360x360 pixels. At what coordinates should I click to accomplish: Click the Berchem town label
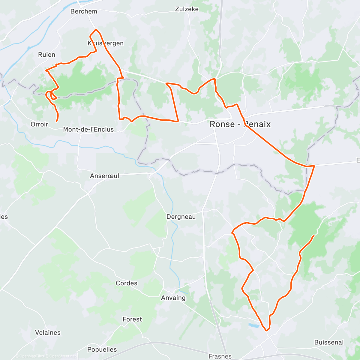(x=84, y=11)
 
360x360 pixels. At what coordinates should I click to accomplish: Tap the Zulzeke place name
(x=187, y=9)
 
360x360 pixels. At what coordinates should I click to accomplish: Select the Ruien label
(x=47, y=55)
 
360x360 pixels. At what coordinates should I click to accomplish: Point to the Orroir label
(x=39, y=124)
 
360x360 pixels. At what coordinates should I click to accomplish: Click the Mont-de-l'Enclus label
(x=88, y=130)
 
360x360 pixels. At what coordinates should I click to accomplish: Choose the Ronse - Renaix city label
(x=240, y=124)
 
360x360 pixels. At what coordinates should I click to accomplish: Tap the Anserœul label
(x=104, y=176)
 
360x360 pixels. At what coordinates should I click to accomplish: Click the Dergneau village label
(x=181, y=217)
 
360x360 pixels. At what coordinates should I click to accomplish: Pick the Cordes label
(x=127, y=283)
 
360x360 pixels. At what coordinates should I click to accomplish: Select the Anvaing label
(x=173, y=298)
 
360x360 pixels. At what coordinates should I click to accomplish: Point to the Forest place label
(x=132, y=319)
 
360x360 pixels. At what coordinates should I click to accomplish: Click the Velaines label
(x=48, y=333)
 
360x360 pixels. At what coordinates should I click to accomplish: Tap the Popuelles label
(x=102, y=349)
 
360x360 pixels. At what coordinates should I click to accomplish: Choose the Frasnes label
(x=220, y=356)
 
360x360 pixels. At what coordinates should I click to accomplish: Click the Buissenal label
(x=329, y=342)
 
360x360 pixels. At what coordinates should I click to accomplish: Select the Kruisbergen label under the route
(x=106, y=43)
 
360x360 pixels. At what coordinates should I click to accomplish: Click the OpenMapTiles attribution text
(x=31, y=356)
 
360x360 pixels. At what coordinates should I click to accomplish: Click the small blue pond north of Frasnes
(x=254, y=325)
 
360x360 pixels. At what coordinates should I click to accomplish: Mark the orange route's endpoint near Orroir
(x=56, y=121)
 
